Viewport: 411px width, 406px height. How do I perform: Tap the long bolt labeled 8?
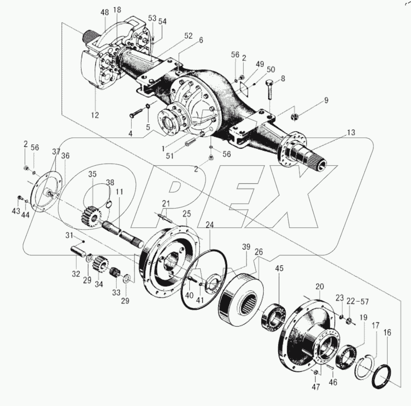point(269,88)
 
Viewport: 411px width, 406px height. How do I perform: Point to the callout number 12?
point(95,115)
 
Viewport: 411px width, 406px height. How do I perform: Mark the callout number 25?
point(186,214)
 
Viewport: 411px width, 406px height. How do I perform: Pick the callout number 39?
point(246,248)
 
